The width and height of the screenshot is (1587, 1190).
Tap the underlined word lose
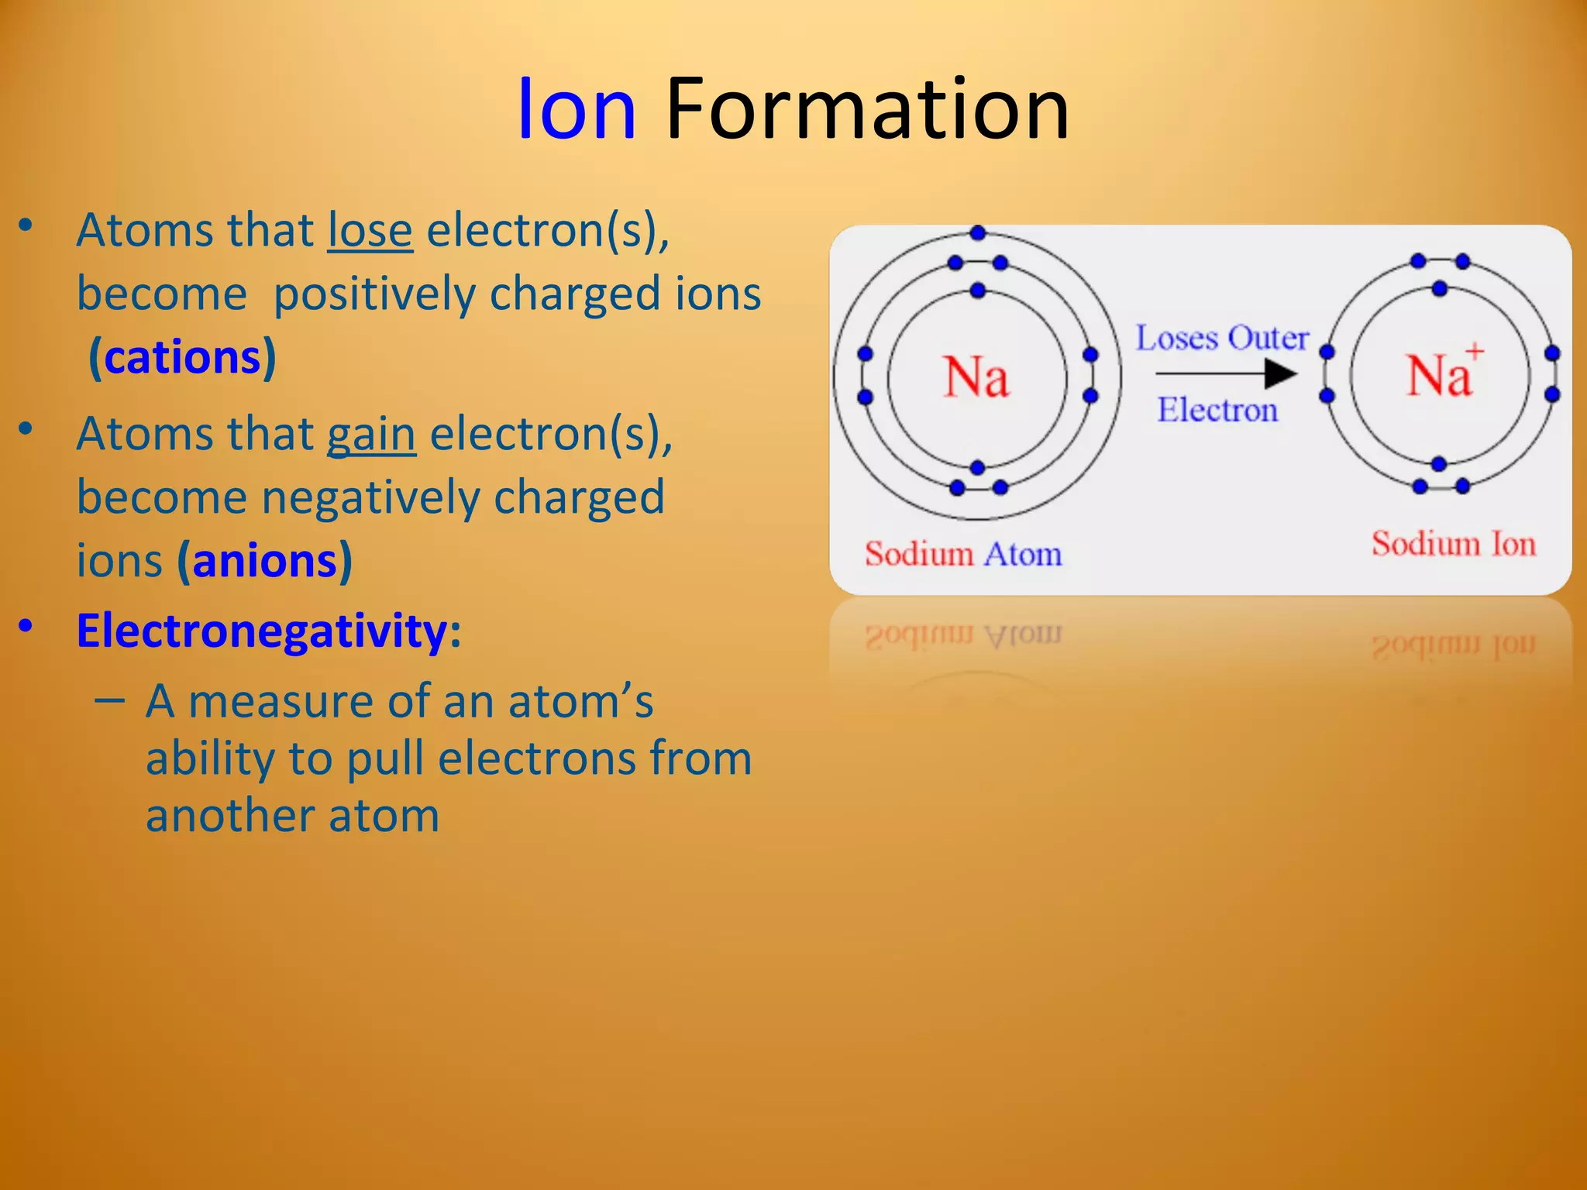click(370, 231)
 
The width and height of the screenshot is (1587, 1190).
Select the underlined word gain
click(371, 434)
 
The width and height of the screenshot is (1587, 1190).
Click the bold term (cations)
click(182, 357)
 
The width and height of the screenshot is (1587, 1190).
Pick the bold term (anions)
click(265, 561)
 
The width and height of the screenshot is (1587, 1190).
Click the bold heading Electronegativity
click(262, 631)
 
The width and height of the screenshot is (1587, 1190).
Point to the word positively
click(374, 294)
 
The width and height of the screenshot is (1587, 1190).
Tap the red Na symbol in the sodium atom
click(976, 377)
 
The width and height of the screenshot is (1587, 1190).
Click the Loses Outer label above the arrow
click(1221, 339)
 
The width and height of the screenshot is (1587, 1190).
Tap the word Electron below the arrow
click(1217, 410)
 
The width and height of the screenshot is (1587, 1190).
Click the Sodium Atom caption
click(963, 555)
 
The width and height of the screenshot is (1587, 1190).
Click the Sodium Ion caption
click(1453, 544)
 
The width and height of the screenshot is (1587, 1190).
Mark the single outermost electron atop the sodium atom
click(978, 232)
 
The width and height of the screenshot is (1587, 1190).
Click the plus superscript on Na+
click(1475, 352)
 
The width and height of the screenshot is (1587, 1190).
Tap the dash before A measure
click(109, 700)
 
